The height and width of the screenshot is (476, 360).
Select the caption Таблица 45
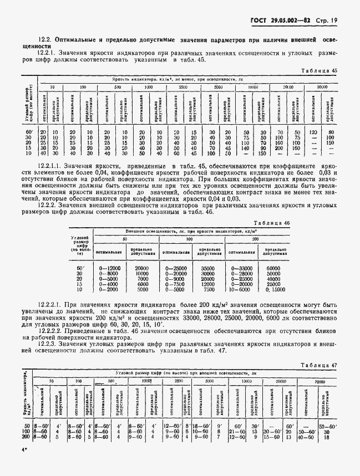pyautogui.click(x=322, y=70)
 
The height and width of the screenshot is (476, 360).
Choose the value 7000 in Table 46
pyautogui.click(x=142, y=279)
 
